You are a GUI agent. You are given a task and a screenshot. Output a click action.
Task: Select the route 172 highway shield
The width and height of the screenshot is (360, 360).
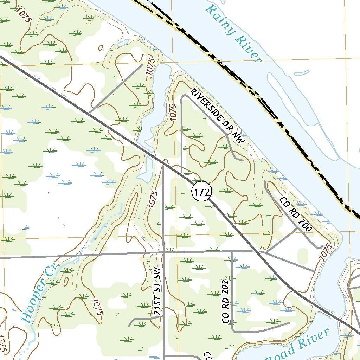202,192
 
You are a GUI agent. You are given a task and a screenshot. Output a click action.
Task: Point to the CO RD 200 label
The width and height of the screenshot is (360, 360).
296,214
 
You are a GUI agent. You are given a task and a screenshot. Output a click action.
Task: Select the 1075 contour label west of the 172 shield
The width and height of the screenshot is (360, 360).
153,199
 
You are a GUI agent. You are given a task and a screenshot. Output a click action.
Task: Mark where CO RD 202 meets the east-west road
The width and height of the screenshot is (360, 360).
232,251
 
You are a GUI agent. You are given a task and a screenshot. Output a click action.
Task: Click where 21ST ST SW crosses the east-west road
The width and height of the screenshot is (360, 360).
164,252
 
